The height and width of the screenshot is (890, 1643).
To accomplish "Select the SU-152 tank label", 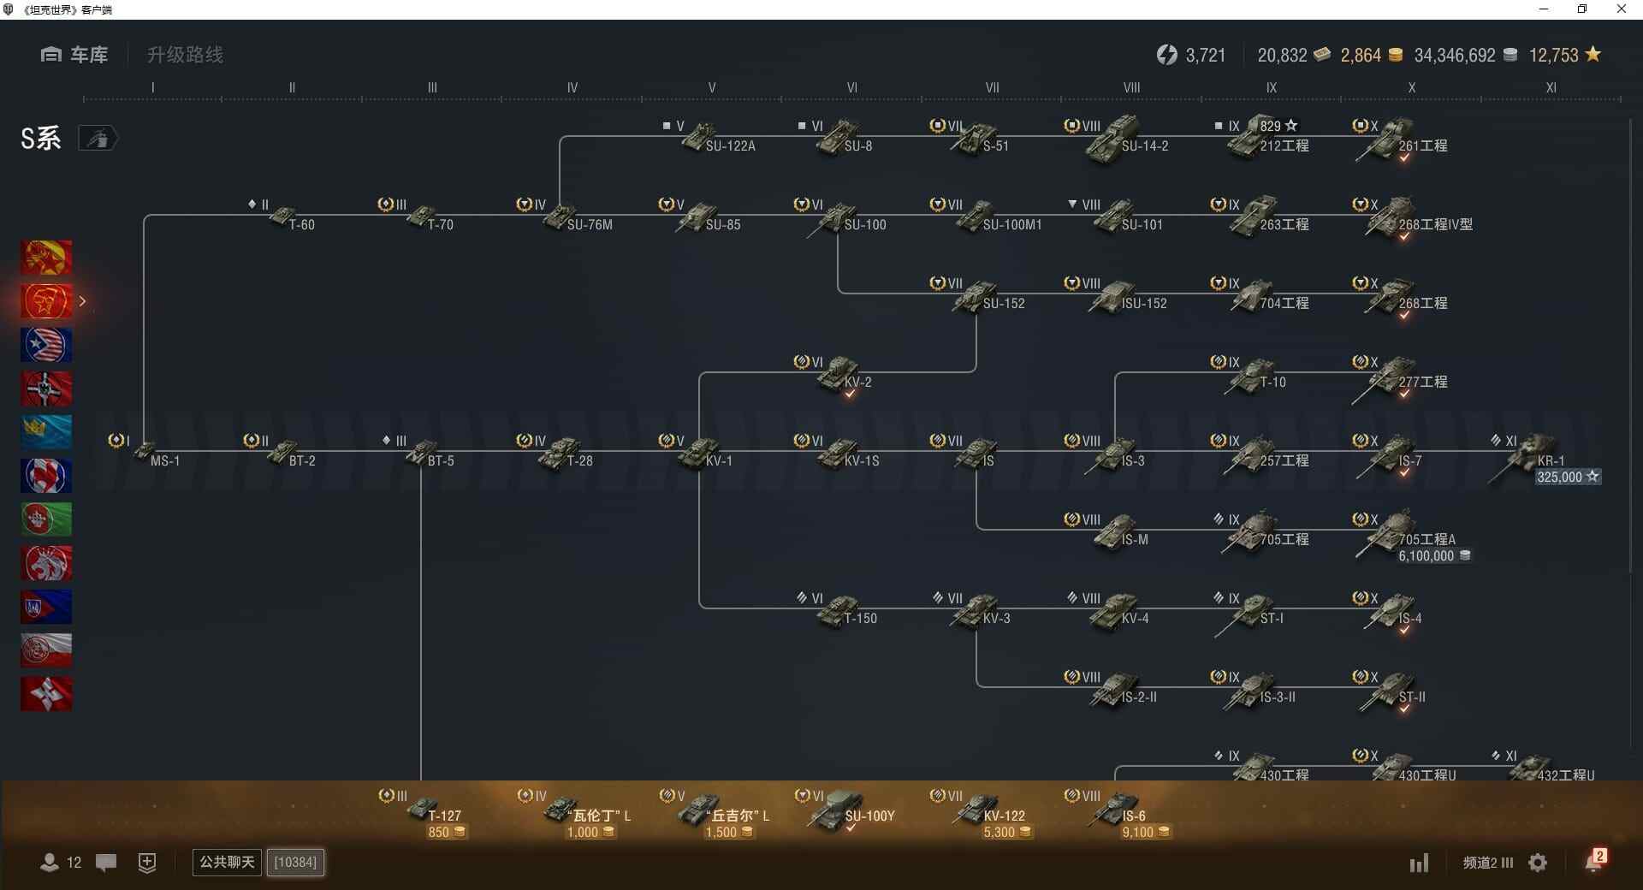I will coord(1003,304).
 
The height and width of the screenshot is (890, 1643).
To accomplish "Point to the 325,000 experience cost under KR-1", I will coord(1559,478).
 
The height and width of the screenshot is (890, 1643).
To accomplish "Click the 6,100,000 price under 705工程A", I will coord(1427,556).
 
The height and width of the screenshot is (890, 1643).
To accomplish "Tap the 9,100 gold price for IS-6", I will coord(1137,833).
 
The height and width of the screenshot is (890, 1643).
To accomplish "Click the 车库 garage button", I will coord(74,55).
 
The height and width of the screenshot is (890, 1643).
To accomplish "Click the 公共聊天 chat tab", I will coord(227,862).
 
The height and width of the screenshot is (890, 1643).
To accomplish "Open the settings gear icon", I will coord(1538,863).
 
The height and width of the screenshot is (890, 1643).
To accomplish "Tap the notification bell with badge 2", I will coord(1593,862).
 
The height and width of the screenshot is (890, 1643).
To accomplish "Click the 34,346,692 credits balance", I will coord(1454,56).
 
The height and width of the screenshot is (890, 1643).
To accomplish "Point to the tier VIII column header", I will coord(1131,87).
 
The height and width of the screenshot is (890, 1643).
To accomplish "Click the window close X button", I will coord(1621,9).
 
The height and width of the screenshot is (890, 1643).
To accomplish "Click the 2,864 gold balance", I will coord(1361,56).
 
